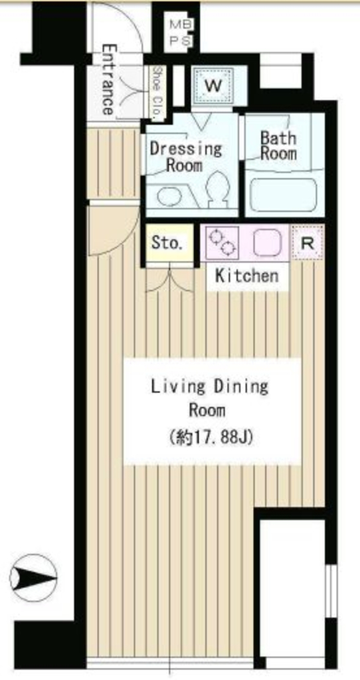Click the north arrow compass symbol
coord(33,578)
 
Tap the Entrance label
coord(109,80)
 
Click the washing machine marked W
coord(213,86)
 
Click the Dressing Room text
coord(185,157)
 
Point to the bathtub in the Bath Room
coord(284,195)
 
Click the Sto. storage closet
coord(169,243)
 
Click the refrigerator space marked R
coord(308,243)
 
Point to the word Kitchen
coord(247,276)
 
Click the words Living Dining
coord(209,386)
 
